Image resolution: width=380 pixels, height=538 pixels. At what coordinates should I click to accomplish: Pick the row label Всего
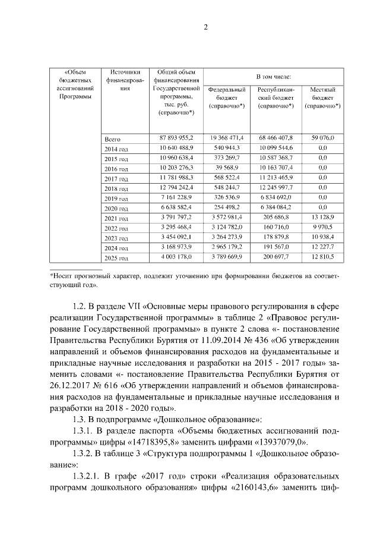tap(112, 139)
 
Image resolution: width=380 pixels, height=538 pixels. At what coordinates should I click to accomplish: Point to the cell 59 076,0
tap(323, 138)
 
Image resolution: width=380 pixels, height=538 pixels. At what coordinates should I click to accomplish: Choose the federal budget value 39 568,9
tap(227, 168)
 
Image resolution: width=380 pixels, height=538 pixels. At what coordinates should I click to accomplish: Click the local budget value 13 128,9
tap(323, 218)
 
